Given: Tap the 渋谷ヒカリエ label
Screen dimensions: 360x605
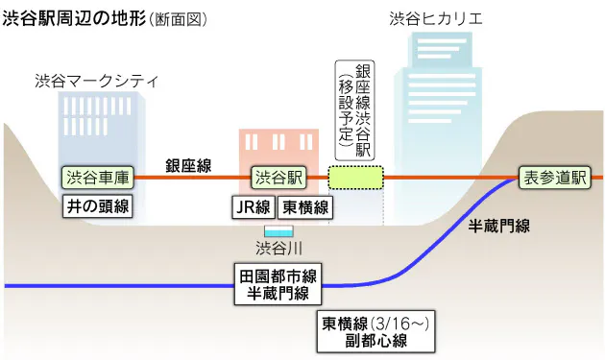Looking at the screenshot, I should pyautogui.click(x=448, y=18).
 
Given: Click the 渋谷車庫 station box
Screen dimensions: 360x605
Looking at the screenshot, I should pyautogui.click(x=97, y=178).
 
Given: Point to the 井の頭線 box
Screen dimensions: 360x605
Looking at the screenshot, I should pyautogui.click(x=97, y=205).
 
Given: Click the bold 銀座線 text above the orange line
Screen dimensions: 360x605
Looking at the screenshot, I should pyautogui.click(x=188, y=164).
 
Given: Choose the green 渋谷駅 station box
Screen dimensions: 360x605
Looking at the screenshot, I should pyautogui.click(x=278, y=178).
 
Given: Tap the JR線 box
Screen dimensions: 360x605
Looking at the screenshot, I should pyautogui.click(x=254, y=206).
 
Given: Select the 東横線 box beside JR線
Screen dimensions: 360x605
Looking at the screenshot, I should pyautogui.click(x=305, y=206).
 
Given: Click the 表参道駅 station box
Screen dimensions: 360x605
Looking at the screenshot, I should pyautogui.click(x=554, y=178).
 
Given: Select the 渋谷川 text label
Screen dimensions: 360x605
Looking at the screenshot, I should pyautogui.click(x=278, y=249).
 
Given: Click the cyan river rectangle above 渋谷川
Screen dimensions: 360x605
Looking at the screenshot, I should pyautogui.click(x=278, y=231).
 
